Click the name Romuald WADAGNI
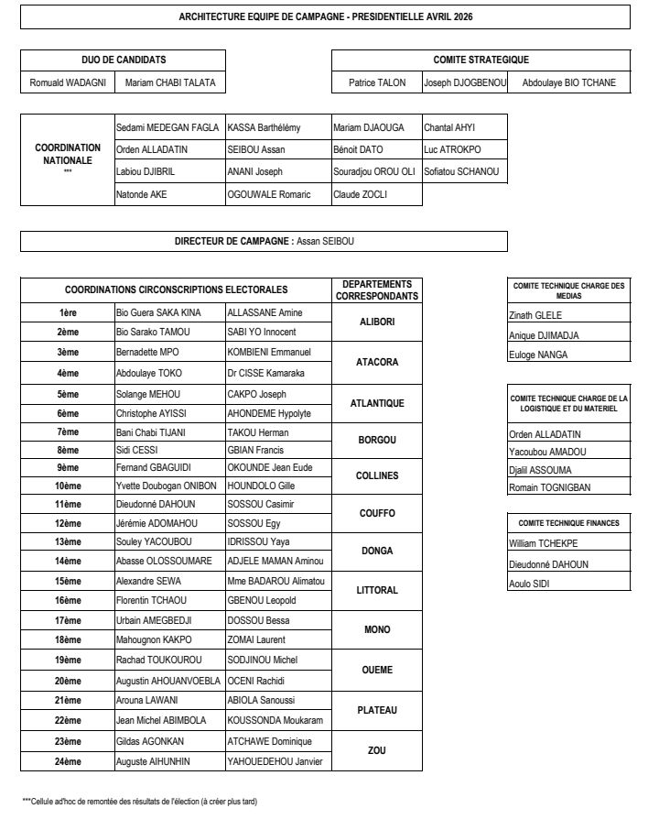point(68,82)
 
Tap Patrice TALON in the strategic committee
point(375,82)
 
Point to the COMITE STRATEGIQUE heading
point(481,60)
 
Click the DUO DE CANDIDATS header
point(124,60)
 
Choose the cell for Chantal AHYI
point(449,127)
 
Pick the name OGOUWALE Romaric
point(269,194)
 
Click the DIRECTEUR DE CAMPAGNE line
point(264,241)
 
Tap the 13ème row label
point(68,541)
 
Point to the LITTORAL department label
point(376,590)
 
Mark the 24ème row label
point(68,760)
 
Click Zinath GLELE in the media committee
point(535,315)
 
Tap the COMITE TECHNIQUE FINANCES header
point(568,523)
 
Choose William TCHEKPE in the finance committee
point(544,543)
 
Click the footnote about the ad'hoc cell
point(140,802)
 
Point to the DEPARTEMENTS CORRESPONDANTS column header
point(376,290)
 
